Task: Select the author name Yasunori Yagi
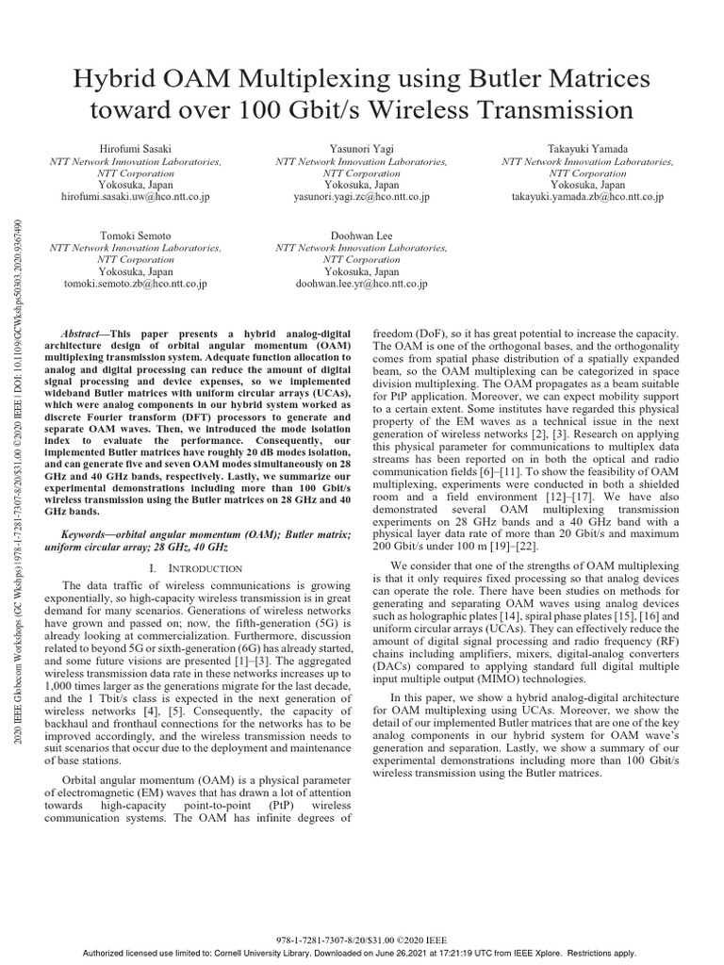point(362,149)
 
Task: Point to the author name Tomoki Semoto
point(136,235)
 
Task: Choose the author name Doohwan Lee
point(362,235)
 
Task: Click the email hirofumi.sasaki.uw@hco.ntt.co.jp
point(136,197)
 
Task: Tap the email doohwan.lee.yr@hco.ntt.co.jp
point(362,283)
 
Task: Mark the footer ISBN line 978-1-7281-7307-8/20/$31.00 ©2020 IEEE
point(362,940)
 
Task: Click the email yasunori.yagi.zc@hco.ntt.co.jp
point(362,197)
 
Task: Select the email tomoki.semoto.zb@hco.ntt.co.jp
point(136,283)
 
